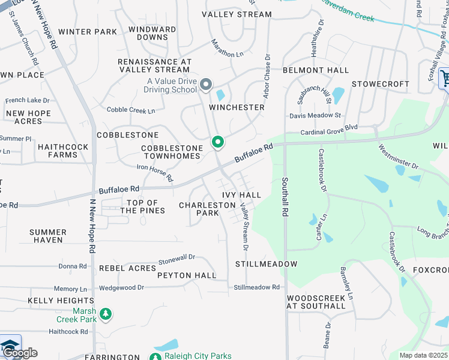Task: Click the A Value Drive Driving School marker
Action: pos(206,85)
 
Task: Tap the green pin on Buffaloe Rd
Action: pos(217,143)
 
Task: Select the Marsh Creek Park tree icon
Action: pos(106,314)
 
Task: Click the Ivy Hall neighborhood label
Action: pos(241,195)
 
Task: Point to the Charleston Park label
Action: pos(207,209)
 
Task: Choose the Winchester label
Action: pos(237,107)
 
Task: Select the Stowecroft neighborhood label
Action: pos(380,84)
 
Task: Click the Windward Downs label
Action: pos(152,33)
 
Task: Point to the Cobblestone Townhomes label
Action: pos(170,152)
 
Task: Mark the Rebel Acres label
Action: pos(127,268)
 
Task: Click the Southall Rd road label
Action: pos(286,198)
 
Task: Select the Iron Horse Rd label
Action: pos(154,173)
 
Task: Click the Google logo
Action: pos(20,352)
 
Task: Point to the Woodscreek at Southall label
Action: pos(316,302)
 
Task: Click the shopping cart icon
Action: pos(445,78)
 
